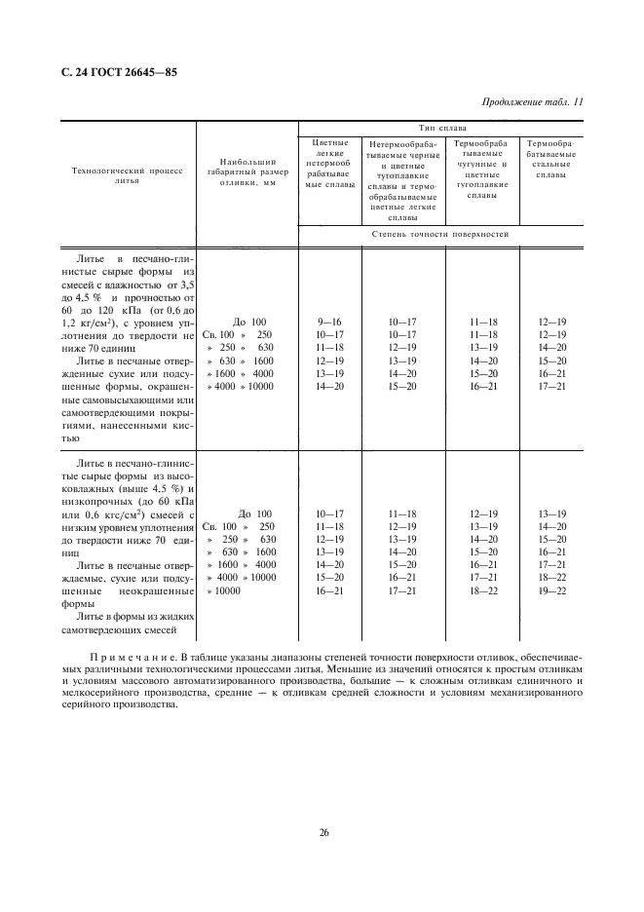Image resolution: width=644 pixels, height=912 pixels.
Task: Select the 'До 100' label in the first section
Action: tap(249, 322)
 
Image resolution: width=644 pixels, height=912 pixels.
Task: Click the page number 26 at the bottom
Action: tap(322, 831)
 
